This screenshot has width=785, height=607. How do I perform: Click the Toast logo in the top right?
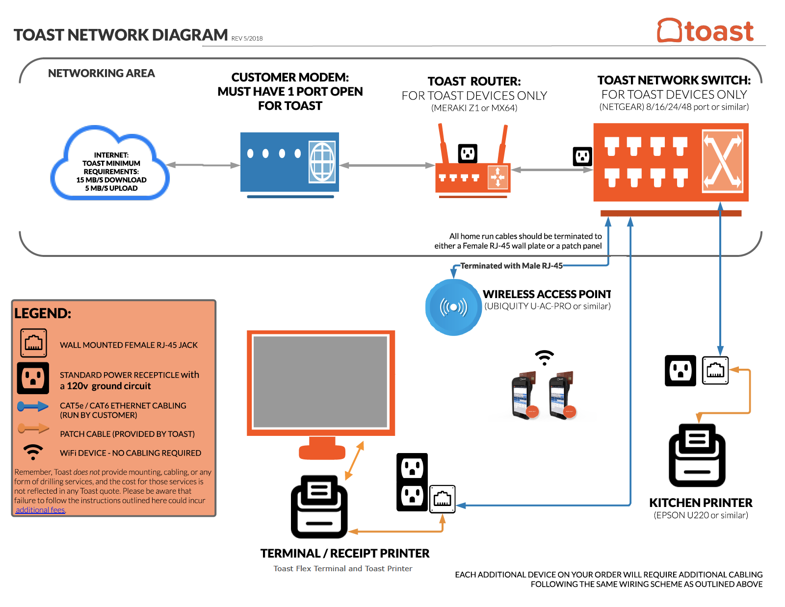click(705, 31)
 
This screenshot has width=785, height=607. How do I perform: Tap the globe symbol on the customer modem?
click(322, 161)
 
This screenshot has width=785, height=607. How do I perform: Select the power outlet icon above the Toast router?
click(468, 153)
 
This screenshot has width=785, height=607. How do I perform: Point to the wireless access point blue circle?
click(453, 307)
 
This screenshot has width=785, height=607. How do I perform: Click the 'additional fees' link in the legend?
click(40, 510)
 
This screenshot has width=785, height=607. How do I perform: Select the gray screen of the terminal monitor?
click(320, 381)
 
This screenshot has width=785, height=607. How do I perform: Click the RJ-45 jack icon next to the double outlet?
click(442, 499)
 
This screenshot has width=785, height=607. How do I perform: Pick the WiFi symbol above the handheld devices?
click(544, 357)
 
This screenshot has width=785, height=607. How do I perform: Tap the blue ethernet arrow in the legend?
click(33, 406)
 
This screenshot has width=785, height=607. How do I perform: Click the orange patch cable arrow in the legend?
click(33, 429)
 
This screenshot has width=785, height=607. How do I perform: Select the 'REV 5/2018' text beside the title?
click(247, 38)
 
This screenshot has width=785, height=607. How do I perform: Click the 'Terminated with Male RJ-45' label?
click(511, 266)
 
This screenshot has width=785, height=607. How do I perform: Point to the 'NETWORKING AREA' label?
click(101, 73)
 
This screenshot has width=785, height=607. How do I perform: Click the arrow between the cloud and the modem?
click(203, 165)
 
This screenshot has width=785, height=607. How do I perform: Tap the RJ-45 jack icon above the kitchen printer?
click(715, 370)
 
